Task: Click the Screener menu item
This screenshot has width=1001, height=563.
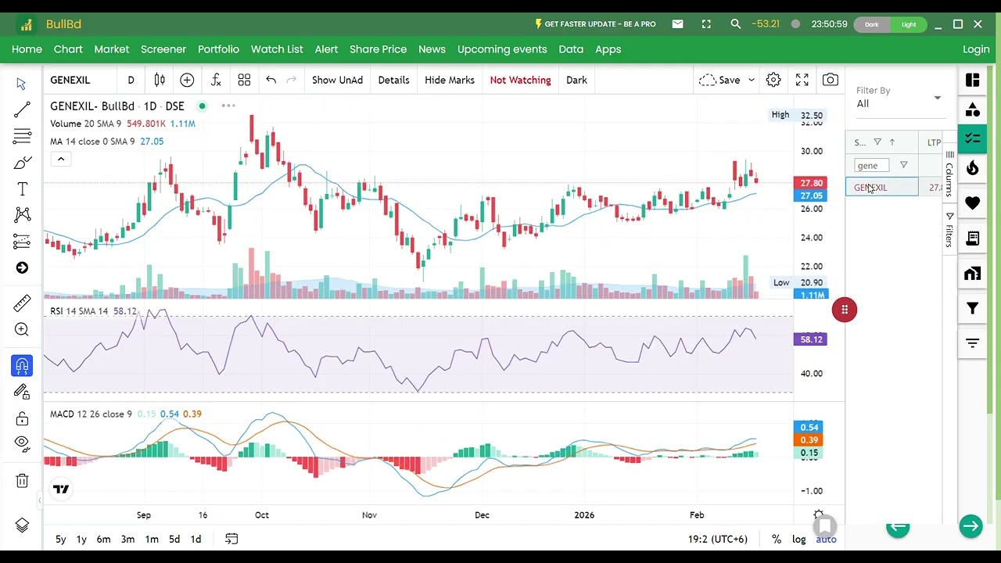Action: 163,49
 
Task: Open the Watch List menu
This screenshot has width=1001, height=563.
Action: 277,49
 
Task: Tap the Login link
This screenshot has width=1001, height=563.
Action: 976,49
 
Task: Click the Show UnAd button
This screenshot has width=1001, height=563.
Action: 337,80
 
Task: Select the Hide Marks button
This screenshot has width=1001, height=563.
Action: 450,80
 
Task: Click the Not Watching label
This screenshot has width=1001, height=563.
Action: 520,80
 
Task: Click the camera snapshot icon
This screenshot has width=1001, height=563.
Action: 831,80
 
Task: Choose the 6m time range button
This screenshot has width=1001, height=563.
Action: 103,539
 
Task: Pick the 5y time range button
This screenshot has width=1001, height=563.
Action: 60,539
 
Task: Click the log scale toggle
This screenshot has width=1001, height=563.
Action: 799,539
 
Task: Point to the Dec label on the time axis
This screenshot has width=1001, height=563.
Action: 482,515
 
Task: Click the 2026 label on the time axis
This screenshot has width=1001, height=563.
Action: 584,515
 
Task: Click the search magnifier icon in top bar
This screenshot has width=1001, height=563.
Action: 736,24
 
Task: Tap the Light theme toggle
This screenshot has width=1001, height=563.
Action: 909,24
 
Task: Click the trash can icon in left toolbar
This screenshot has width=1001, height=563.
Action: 22,481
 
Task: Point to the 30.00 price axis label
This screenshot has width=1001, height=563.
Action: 812,151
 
